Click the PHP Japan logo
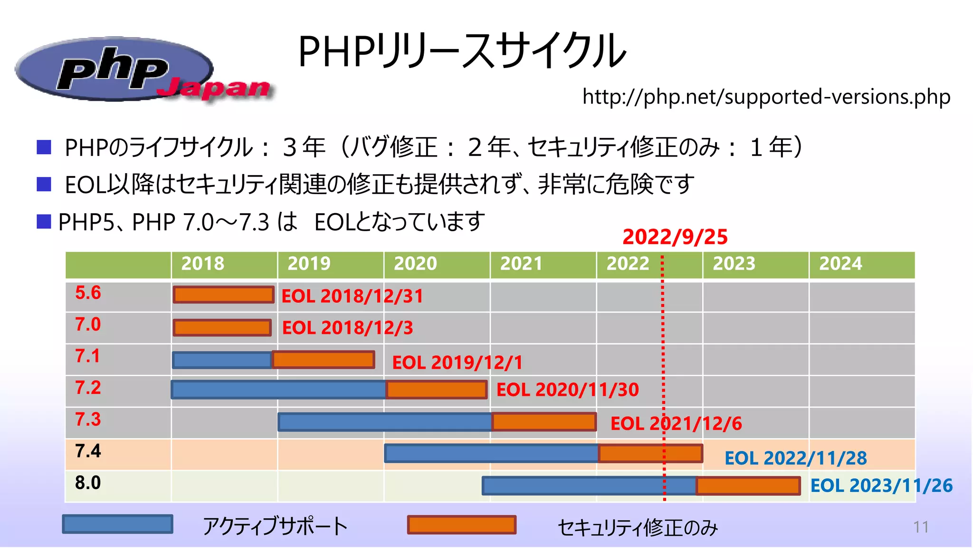pyautogui.click(x=143, y=70)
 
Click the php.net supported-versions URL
pyautogui.click(x=766, y=97)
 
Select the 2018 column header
pyautogui.click(x=203, y=264)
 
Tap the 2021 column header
pyautogui.click(x=521, y=264)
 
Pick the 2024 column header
pyautogui.click(x=840, y=264)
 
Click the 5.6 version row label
pyautogui.click(x=88, y=293)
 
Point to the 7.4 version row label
pyautogui.click(x=88, y=451)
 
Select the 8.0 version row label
pyautogui.click(x=88, y=483)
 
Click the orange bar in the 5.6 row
pyautogui.click(x=223, y=295)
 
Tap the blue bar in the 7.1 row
pyautogui.click(x=222, y=360)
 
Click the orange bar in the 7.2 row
pyautogui.click(x=436, y=390)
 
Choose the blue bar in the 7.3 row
pyautogui.click(x=385, y=422)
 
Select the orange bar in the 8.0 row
pyautogui.click(x=748, y=486)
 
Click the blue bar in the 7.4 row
pyautogui.click(x=491, y=453)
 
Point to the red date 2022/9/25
pyautogui.click(x=675, y=237)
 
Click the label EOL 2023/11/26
pyautogui.click(x=881, y=486)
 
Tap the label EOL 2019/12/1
pyautogui.click(x=457, y=362)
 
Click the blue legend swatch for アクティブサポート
pyautogui.click(x=117, y=524)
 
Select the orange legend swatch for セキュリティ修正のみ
pyautogui.click(x=461, y=525)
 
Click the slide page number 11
pyautogui.click(x=921, y=527)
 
